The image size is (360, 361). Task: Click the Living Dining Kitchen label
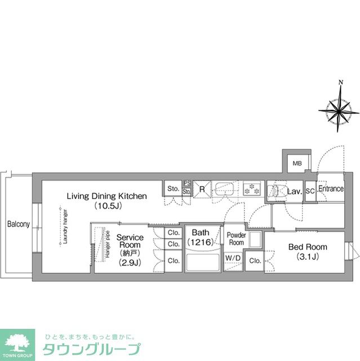(x=107, y=196)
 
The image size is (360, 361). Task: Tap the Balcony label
(x=18, y=224)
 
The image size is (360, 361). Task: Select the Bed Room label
(x=308, y=247)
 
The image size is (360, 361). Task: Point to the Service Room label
(x=130, y=241)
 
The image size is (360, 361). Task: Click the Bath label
(x=200, y=232)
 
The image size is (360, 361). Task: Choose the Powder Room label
(x=235, y=238)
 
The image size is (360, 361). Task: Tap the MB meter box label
(x=296, y=164)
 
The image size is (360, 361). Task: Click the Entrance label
(x=331, y=189)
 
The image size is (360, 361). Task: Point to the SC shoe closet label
(x=310, y=192)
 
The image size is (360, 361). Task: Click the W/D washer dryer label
(x=232, y=258)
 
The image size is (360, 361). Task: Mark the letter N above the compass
(x=340, y=83)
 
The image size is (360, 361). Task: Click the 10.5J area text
(x=107, y=206)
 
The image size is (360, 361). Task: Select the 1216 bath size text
(x=200, y=243)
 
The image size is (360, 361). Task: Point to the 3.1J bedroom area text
(x=308, y=257)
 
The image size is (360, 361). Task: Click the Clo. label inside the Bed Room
(x=255, y=261)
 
